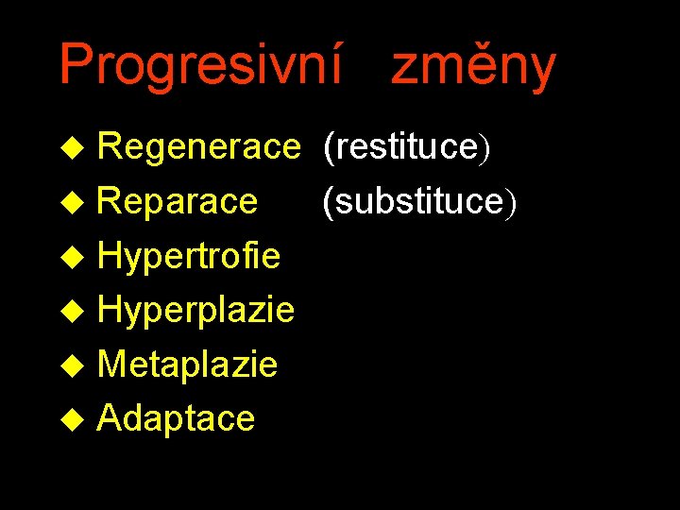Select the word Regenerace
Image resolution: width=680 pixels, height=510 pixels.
click(x=197, y=147)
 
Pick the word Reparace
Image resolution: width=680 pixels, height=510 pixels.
click(x=177, y=201)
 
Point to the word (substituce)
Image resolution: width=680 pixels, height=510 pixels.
click(x=419, y=201)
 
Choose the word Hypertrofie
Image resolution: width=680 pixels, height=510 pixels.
click(x=189, y=256)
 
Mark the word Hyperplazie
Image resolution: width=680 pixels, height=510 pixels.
click(x=195, y=310)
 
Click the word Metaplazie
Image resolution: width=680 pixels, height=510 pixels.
click(x=187, y=364)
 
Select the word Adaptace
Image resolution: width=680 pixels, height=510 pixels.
click(x=176, y=417)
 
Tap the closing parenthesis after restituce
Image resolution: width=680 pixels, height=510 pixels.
click(x=483, y=148)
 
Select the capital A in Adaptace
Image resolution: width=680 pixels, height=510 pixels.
click(x=110, y=417)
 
